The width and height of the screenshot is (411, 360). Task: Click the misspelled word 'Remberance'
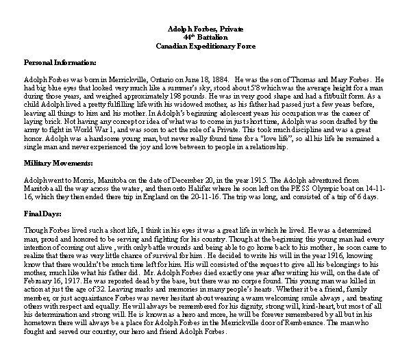click(x=312, y=323)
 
